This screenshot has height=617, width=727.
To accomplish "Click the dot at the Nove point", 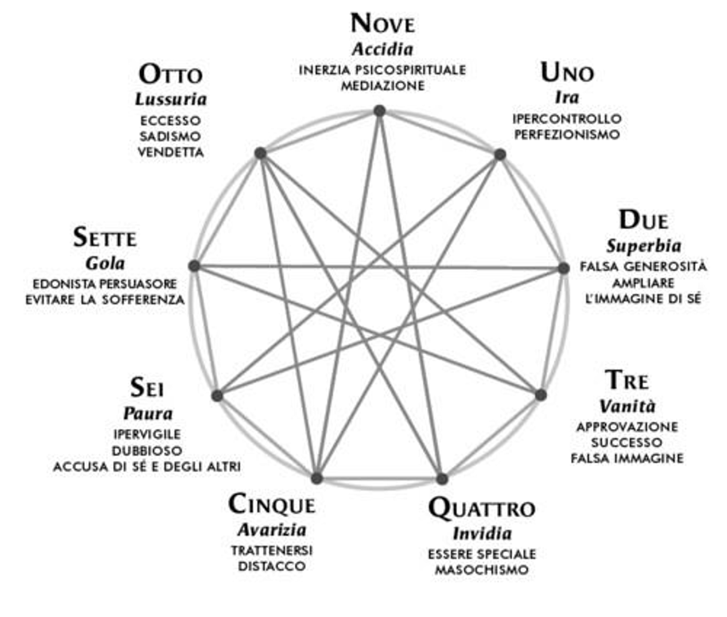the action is [380, 111].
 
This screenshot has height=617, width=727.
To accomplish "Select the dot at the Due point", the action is [563, 268].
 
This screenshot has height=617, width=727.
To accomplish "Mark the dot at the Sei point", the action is [217, 396].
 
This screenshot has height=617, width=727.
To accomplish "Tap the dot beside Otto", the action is [260, 153].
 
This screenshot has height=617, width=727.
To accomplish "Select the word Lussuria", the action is [171, 99].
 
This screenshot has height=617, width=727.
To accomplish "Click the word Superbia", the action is [644, 246].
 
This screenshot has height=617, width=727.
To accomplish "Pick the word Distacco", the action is [272, 566].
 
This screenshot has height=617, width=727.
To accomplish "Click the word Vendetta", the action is [171, 152].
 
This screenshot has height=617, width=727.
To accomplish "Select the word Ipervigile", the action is [147, 434].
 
